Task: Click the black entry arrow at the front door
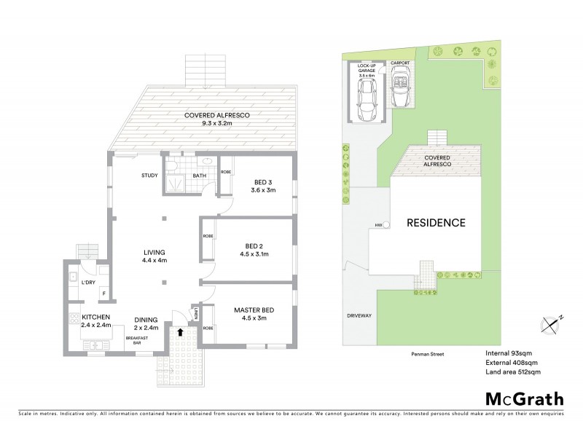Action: (x=180, y=333)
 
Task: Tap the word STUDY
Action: (x=150, y=176)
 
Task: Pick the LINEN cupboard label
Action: (x=197, y=314)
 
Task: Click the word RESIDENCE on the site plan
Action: (x=436, y=223)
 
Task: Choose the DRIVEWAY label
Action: (x=359, y=315)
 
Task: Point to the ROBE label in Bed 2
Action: (x=208, y=237)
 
